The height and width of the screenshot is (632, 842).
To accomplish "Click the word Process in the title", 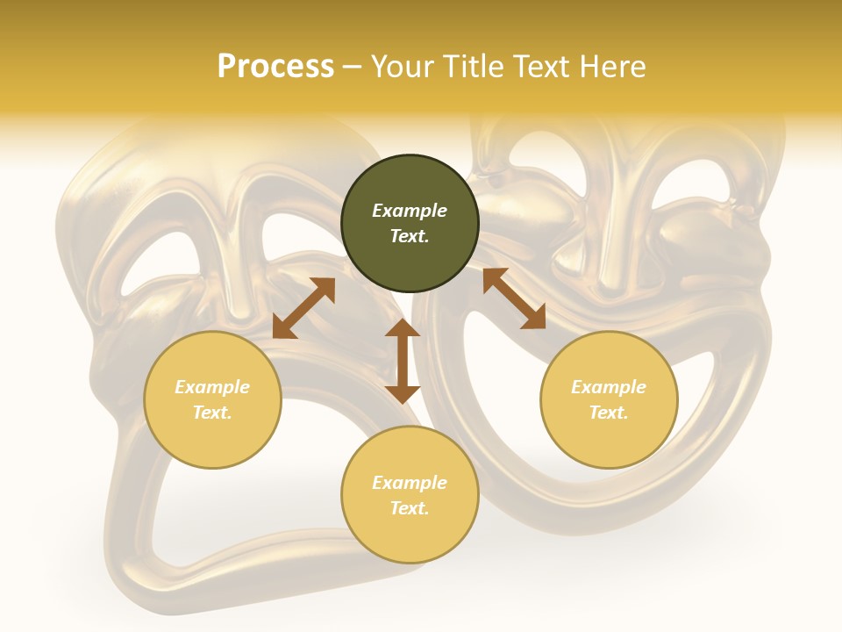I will pos(275,67).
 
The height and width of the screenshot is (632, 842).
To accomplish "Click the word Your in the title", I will pos(404,67).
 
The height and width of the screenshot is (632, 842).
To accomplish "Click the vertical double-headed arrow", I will pos(403,361).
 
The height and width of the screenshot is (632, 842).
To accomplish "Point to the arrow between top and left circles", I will pos(303,308).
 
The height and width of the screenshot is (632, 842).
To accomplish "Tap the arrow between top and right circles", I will pos(514,298).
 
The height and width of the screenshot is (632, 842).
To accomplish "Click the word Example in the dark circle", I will pos(410,211).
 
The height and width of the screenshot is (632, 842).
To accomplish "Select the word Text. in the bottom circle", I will pos(410,508).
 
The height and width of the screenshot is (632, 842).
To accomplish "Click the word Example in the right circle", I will pos(609,387).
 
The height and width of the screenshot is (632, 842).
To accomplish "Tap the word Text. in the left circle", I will pos(212,413).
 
